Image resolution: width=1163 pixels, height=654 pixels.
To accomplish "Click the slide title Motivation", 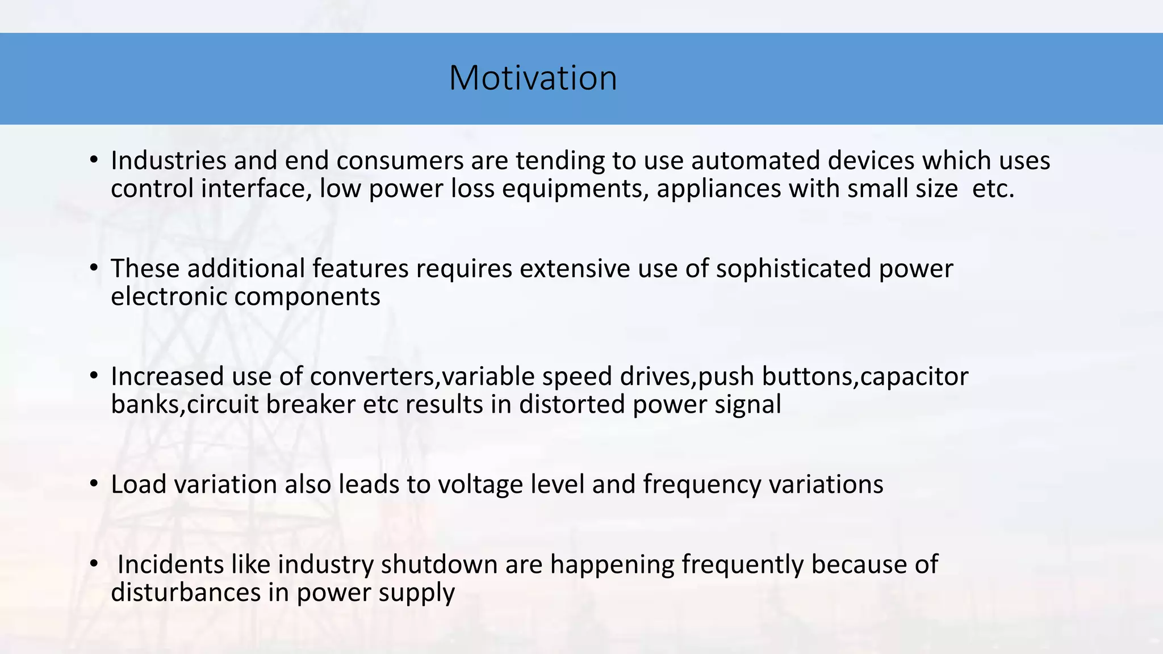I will coord(533,78).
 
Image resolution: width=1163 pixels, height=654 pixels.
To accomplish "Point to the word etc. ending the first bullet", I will coord(993,189).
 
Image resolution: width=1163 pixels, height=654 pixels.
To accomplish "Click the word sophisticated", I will coord(793,269).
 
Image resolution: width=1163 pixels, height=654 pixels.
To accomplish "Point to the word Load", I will coord(139,484).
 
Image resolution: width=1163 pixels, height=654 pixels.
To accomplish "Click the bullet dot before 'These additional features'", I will coord(94,268).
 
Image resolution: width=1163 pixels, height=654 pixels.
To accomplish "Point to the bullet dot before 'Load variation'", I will coord(94,484).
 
